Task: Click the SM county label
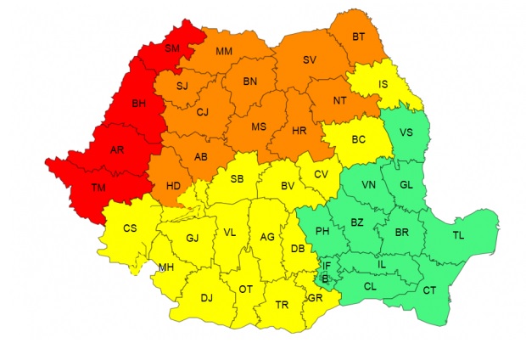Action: pos(172,49)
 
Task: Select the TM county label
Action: pos(98,186)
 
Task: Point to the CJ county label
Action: pos(202,111)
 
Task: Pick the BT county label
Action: pos(358,37)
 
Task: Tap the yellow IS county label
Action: pos(383,84)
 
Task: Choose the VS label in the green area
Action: pos(406,132)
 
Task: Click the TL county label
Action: pos(458,235)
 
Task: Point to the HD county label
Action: pos(173,186)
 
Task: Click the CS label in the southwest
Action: pos(130,228)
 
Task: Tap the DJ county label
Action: pos(206,297)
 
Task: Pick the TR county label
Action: pos(283,304)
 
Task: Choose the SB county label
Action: pos(237,178)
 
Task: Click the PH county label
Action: pos(322,231)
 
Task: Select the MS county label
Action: pos(259,127)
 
